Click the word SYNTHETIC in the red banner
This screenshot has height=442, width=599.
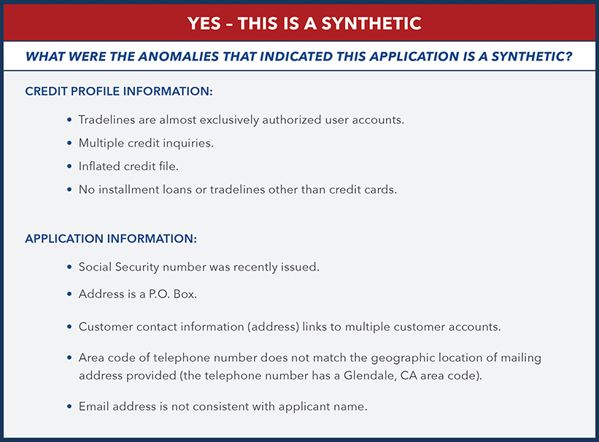371,23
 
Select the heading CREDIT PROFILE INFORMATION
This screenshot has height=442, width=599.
119,92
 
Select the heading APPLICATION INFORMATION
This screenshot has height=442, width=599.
111,239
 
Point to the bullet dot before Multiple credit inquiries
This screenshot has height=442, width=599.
69,143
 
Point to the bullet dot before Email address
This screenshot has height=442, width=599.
69,406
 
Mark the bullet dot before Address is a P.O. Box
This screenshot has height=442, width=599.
69,294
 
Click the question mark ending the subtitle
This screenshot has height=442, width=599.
568,55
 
